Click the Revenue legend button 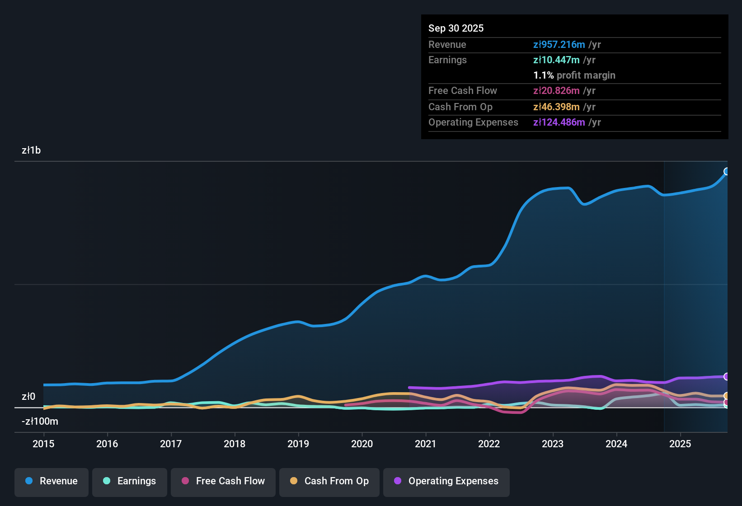pyautogui.click(x=52, y=481)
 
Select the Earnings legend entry pyautogui.click(x=130, y=481)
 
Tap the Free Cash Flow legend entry pyautogui.click(x=223, y=481)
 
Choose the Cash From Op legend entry pyautogui.click(x=329, y=481)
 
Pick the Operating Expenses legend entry pyautogui.click(x=446, y=481)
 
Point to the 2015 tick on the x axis pyautogui.click(x=43, y=444)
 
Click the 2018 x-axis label pyautogui.click(x=235, y=444)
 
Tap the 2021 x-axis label pyautogui.click(x=425, y=444)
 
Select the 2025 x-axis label pyautogui.click(x=680, y=444)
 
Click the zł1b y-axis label pyautogui.click(x=31, y=150)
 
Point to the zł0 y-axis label pyautogui.click(x=28, y=397)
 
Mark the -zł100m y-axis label pyautogui.click(x=40, y=422)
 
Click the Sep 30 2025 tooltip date pyautogui.click(x=456, y=28)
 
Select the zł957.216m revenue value pyautogui.click(x=559, y=44)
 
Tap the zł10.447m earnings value pyautogui.click(x=556, y=60)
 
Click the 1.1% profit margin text pyautogui.click(x=574, y=75)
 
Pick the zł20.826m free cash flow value pyautogui.click(x=556, y=90)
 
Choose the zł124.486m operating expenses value pyautogui.click(x=559, y=122)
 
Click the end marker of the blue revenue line pyautogui.click(x=727, y=171)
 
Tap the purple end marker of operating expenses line pyautogui.click(x=727, y=376)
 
